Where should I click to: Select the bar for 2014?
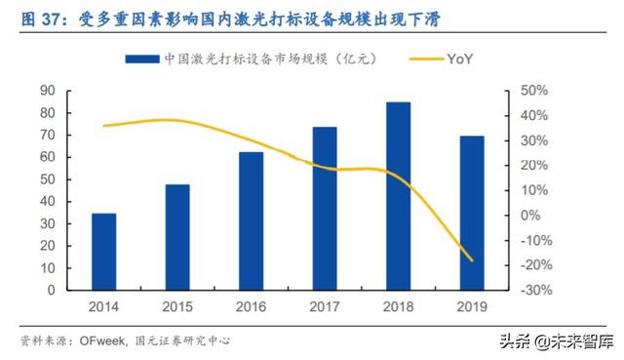click(x=104, y=252)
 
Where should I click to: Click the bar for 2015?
click(x=177, y=237)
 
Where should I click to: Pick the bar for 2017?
click(x=325, y=209)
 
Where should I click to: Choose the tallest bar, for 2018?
click(x=398, y=196)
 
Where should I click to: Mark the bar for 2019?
click(x=472, y=213)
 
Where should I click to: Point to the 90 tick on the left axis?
click(x=46, y=91)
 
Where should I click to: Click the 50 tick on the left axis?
click(x=46, y=180)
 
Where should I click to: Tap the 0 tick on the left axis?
click(x=50, y=291)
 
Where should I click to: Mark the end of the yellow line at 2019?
click(x=472, y=260)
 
